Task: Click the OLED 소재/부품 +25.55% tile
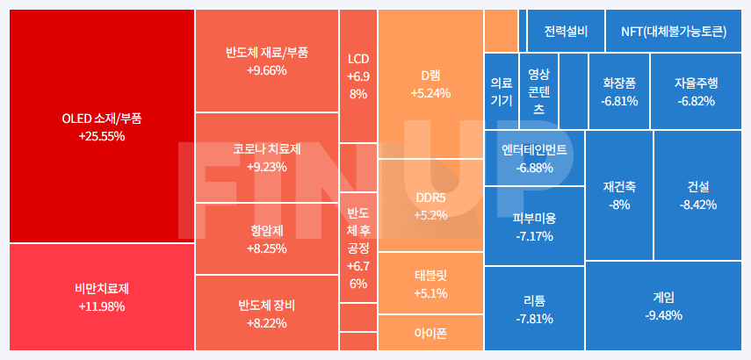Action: click(x=101, y=126)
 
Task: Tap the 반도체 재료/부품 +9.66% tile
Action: click(x=266, y=61)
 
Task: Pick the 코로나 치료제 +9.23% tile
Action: click(x=266, y=157)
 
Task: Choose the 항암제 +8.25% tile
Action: click(x=266, y=239)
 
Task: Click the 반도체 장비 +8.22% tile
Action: click(x=266, y=313)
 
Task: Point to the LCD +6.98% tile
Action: click(x=357, y=76)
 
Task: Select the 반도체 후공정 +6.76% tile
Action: click(x=357, y=248)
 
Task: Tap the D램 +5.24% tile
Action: click(x=430, y=83)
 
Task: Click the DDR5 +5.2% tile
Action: click(x=430, y=205)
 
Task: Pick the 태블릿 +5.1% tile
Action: click(x=430, y=283)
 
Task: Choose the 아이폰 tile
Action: click(x=430, y=333)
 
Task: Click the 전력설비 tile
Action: click(x=566, y=32)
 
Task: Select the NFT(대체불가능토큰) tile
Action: click(x=674, y=32)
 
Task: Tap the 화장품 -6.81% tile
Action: click(x=619, y=91)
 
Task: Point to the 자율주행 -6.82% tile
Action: click(x=696, y=91)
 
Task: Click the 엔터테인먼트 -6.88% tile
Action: click(x=534, y=158)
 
